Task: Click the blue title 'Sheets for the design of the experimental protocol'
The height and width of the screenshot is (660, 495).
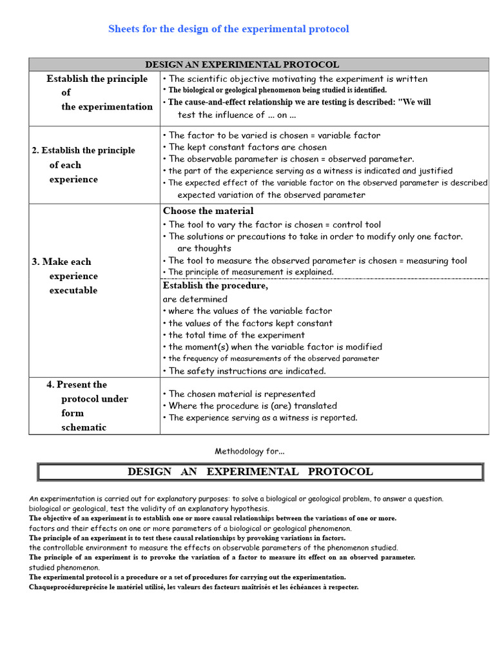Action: pyautogui.click(x=228, y=29)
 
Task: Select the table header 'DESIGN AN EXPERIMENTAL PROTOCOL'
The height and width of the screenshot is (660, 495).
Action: pyautogui.click(x=242, y=64)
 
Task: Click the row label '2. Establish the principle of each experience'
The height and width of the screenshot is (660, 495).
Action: pyautogui.click(x=83, y=164)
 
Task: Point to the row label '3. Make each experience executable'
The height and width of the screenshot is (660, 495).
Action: pyautogui.click(x=64, y=276)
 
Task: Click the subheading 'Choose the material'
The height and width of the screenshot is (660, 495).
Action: pyautogui.click(x=208, y=211)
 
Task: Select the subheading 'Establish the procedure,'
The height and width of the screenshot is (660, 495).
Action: pyautogui.click(x=215, y=286)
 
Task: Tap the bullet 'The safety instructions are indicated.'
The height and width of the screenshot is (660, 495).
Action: pyautogui.click(x=244, y=371)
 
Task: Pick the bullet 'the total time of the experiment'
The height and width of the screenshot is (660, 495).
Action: pyautogui.click(x=233, y=335)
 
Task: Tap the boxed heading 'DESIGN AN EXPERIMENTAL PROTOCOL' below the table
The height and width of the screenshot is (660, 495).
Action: pyautogui.click(x=250, y=472)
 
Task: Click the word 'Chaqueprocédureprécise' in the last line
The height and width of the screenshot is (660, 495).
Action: pyautogui.click(x=62, y=588)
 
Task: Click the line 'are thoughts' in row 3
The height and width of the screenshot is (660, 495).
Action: pyautogui.click(x=204, y=248)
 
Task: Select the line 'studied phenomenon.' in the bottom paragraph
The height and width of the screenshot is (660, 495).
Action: pyautogui.click(x=64, y=567)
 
